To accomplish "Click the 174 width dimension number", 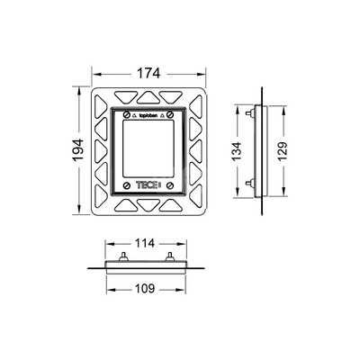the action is click(x=148, y=74).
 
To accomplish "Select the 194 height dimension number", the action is click(x=78, y=150).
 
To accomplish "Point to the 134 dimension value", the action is click(x=237, y=151).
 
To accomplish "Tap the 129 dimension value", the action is click(x=283, y=151).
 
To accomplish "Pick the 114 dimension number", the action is click(x=145, y=243).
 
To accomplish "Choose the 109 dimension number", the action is click(x=145, y=289).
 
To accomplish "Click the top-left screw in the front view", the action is click(x=127, y=114).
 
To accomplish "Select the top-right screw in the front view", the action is click(x=170, y=114).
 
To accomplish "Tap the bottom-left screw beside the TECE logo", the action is click(x=127, y=185).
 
